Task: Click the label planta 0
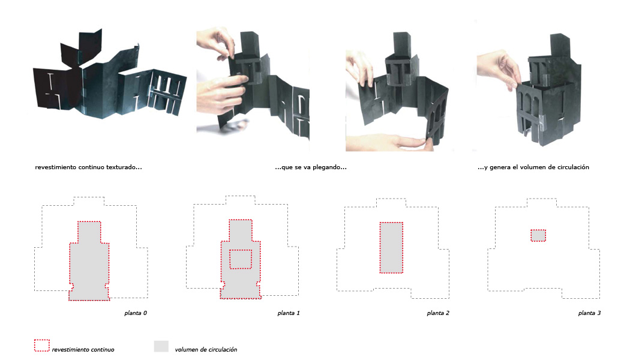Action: pyautogui.click(x=136, y=313)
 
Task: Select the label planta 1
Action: pyautogui.click(x=289, y=313)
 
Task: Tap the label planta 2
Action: pyautogui.click(x=438, y=313)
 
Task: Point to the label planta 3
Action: pyautogui.click(x=589, y=313)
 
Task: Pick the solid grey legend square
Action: pyautogui.click(x=161, y=346)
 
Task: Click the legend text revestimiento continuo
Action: pyautogui.click(x=83, y=350)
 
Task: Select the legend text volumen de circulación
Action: pyautogui.click(x=206, y=350)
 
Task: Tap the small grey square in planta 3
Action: pyautogui.click(x=538, y=235)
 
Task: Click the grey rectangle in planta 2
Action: pyautogui.click(x=391, y=247)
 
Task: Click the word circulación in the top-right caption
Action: pyautogui.click(x=572, y=167)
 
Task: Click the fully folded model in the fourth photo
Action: pyautogui.click(x=548, y=92)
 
